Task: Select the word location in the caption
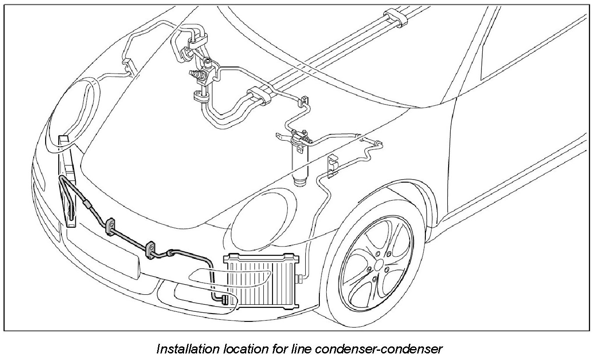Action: (x=238, y=349)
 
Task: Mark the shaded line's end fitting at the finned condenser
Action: (x=223, y=300)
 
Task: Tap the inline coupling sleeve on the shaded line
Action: (x=88, y=203)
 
